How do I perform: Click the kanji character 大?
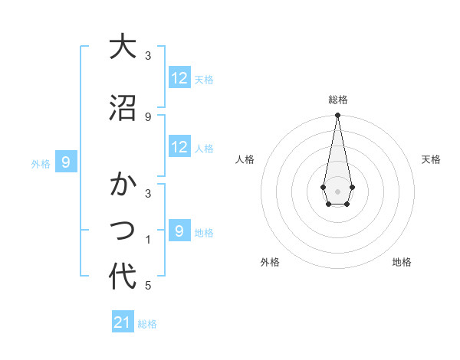pyautogui.click(x=123, y=47)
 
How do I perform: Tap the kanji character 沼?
pyautogui.click(x=123, y=108)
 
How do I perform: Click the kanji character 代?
pyautogui.click(x=123, y=276)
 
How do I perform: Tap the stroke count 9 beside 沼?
pyautogui.click(x=148, y=116)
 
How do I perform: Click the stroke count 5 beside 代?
pyautogui.click(x=148, y=286)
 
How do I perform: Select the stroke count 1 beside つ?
pyautogui.click(x=148, y=240)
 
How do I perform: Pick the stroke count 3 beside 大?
pyautogui.click(x=148, y=56)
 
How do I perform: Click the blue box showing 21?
pyautogui.click(x=123, y=322)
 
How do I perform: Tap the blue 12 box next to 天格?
pyautogui.click(x=179, y=78)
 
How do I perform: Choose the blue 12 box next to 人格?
pyautogui.click(x=179, y=147)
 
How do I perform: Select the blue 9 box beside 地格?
pyautogui.click(x=179, y=231)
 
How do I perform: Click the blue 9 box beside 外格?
pyautogui.click(x=67, y=162)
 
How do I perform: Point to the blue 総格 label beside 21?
pyautogui.click(x=147, y=324)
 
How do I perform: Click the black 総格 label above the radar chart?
pyautogui.click(x=338, y=100)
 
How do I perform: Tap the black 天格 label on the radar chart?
pyautogui.click(x=432, y=159)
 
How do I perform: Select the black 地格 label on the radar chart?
pyautogui.click(x=402, y=262)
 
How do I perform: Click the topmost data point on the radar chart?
pyautogui.click(x=337, y=115)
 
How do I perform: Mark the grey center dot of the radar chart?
pyautogui.click(x=337, y=190)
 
